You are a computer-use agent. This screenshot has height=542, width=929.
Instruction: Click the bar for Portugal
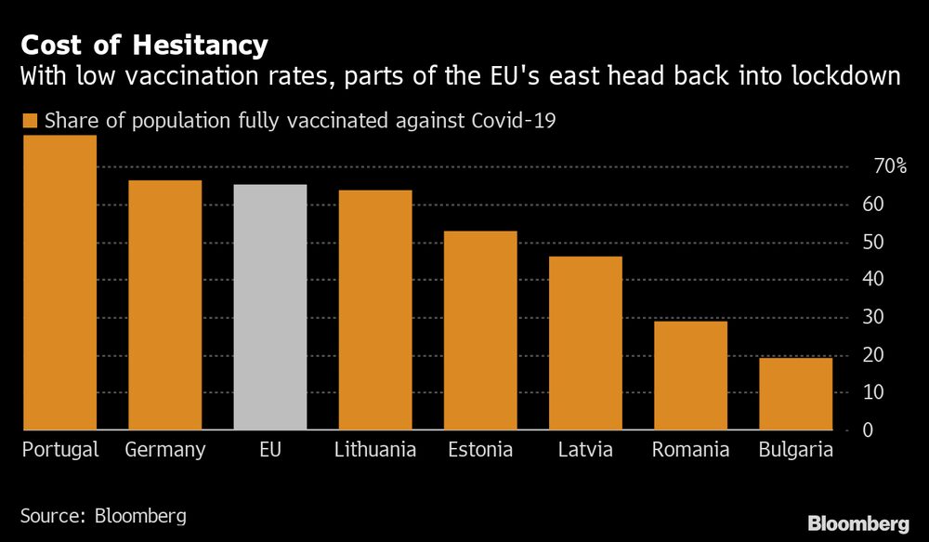click(59, 283)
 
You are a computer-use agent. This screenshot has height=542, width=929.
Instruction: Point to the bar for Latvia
click(585, 343)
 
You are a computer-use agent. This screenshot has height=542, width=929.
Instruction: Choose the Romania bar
click(690, 376)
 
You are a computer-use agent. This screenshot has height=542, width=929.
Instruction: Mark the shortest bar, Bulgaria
click(795, 394)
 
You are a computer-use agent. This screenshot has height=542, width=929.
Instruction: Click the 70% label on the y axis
click(889, 166)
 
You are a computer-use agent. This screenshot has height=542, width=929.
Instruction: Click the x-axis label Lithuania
click(374, 451)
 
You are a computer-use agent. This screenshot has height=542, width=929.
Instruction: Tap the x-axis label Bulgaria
click(795, 451)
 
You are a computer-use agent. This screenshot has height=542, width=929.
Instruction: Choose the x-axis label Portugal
click(59, 451)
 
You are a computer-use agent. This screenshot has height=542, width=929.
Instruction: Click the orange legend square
click(29, 121)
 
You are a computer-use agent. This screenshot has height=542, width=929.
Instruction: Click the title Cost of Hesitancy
click(145, 45)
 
